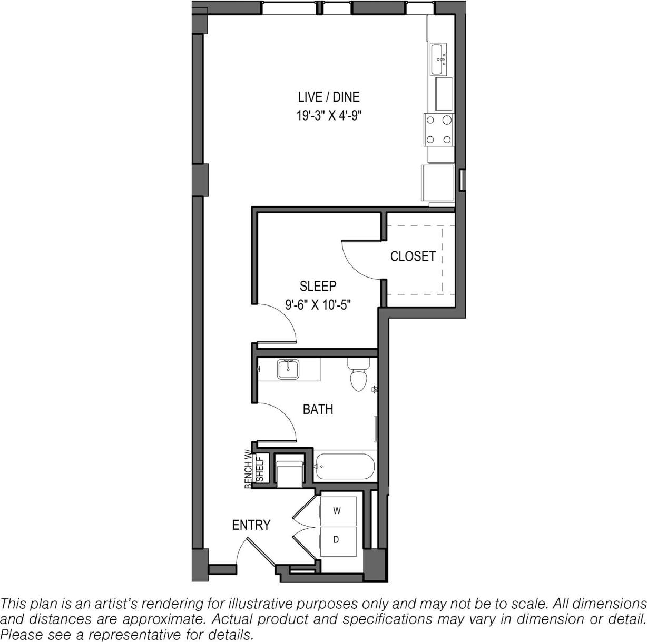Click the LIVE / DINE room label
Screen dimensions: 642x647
tap(328, 97)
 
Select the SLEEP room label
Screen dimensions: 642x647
tap(318, 286)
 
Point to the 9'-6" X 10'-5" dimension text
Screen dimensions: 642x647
tap(318, 304)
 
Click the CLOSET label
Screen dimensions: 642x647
tap(413, 256)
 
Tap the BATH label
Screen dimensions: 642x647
tap(318, 409)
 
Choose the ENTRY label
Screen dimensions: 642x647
tap(251, 525)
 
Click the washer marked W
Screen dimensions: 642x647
tap(338, 510)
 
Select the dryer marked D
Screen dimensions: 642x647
tap(338, 540)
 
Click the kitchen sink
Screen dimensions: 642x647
tap(438, 59)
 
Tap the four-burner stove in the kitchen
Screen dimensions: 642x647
tap(439, 130)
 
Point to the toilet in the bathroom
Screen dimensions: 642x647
tap(358, 377)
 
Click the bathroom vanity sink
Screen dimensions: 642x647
tap(288, 370)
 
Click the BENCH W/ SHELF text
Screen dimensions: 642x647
tap(253, 469)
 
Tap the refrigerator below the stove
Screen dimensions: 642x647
tap(437, 182)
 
